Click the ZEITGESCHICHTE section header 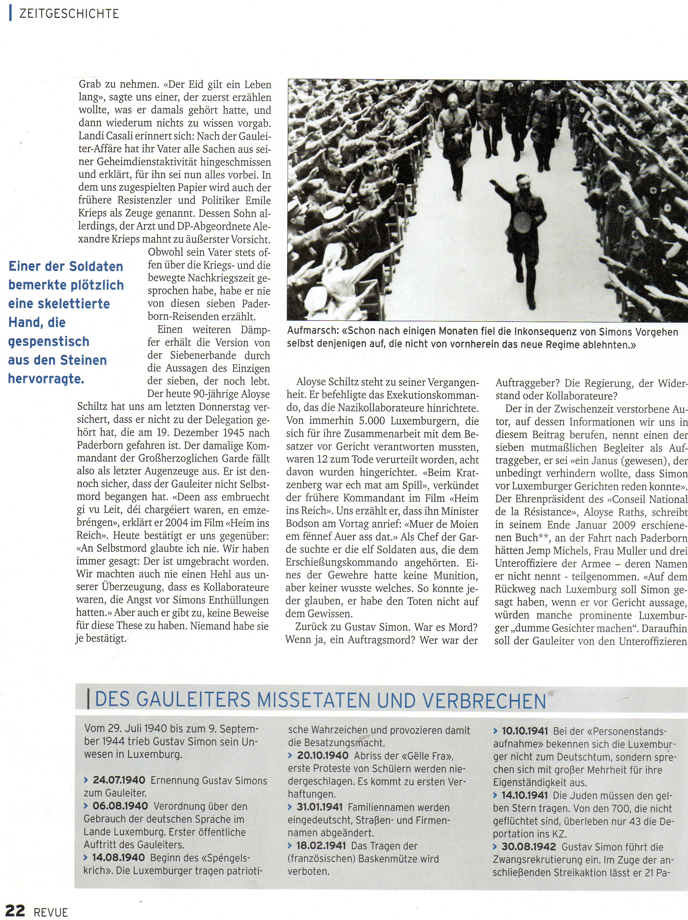pyautogui.click(x=69, y=14)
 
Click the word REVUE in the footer pyautogui.click(x=51, y=912)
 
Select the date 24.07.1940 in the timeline pyautogui.click(x=119, y=780)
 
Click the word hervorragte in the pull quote pyautogui.click(x=46, y=379)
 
